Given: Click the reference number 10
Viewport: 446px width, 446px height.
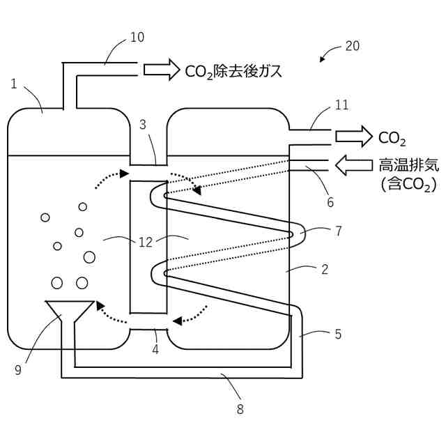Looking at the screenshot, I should click(137, 37).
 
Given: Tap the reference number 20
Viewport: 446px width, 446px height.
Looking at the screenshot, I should click(353, 47).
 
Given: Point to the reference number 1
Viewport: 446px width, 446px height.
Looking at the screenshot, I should click(14, 84).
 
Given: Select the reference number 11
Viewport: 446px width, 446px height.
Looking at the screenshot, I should click(341, 105).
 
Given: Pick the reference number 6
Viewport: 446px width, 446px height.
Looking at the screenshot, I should click(330, 203).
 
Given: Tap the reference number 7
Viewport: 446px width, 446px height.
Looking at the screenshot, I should click(338, 231).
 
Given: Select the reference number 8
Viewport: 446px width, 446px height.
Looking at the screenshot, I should click(240, 409).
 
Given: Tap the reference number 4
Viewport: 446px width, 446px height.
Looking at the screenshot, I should click(155, 350).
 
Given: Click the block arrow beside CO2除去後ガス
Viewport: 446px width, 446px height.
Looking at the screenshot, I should click(161, 69).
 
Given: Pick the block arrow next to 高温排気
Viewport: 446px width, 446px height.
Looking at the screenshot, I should click(354, 166).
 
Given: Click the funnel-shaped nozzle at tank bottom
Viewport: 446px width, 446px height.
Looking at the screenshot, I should click(69, 311).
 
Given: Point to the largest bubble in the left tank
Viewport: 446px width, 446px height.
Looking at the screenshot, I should click(89, 257).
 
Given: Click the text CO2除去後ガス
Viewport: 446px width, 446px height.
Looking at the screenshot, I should click(233, 70).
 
